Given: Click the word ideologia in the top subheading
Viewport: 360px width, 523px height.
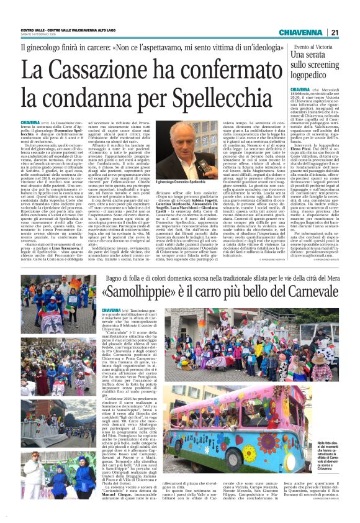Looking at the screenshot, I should (269, 48).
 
